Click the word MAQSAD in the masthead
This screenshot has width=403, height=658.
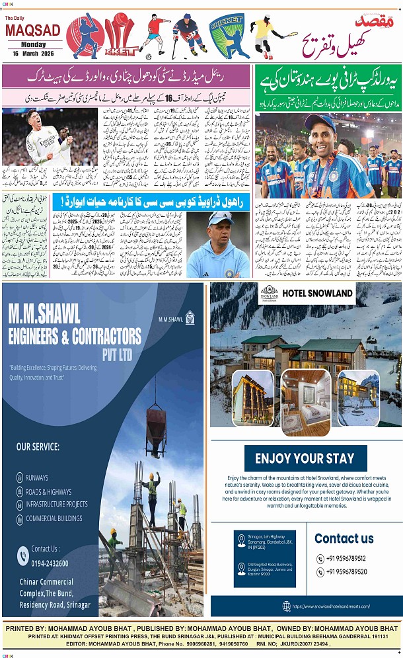[32, 30]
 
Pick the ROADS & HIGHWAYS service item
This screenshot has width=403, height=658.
[48, 491]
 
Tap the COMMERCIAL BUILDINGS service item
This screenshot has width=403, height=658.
[54, 518]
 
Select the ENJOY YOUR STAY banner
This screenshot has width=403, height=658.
[305, 458]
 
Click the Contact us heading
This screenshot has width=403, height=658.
[344, 538]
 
